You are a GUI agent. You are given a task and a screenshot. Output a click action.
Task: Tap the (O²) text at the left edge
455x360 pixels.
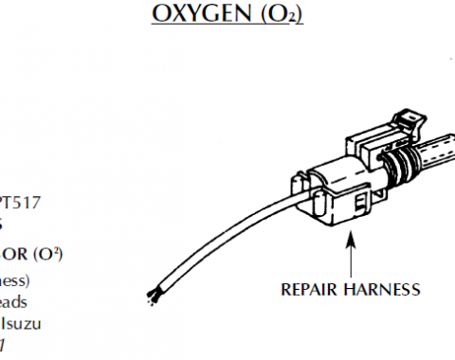tap(46, 253)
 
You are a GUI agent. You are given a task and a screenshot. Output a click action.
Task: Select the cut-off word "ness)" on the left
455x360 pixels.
tap(15, 280)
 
